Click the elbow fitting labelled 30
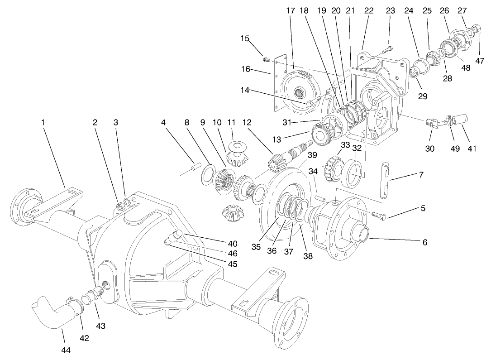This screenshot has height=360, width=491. click(431, 123)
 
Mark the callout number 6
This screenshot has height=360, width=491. click(424, 242)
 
